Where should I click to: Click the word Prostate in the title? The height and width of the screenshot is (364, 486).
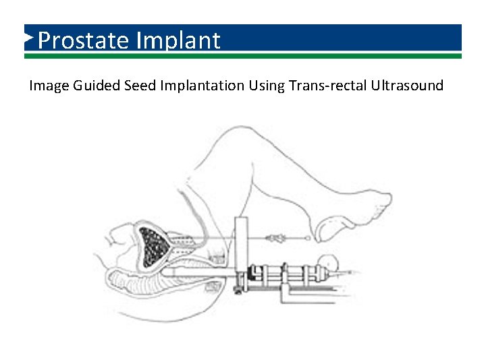click(x=84, y=41)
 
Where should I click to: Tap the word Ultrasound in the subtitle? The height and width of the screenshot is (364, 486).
click(x=407, y=86)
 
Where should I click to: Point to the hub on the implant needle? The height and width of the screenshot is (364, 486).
click(x=275, y=238)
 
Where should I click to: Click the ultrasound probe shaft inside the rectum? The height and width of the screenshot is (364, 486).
click(x=196, y=272)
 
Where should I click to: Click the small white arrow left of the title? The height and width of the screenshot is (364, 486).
click(x=28, y=38)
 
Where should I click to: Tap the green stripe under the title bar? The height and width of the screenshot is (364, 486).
click(x=243, y=56)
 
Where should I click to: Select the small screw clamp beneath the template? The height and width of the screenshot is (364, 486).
click(x=238, y=291)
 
